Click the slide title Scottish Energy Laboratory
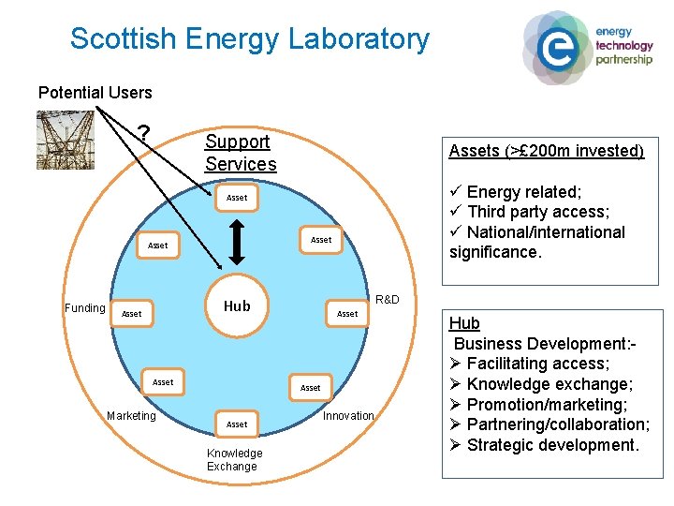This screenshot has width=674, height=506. pos(249,39)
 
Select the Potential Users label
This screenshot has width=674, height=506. pos(95,93)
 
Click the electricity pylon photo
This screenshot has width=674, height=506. pos(66,140)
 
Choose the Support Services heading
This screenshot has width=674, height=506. pos(241,153)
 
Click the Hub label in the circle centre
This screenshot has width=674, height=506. pos(237,305)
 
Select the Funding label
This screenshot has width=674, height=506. pos(84,308)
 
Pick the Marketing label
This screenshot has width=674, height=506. pos(131,416)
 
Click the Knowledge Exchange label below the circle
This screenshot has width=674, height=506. pos(234,460)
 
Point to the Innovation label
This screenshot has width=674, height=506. pos(348,416)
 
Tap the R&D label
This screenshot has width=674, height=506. pos(387,300)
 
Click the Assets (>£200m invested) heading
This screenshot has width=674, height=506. pos(547,151)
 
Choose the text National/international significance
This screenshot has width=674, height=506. pos(537,242)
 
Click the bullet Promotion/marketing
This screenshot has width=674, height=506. pos(546,405)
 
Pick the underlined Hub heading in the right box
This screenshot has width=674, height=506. pos(464,323)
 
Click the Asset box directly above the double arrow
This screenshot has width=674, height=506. pos(237,198)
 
